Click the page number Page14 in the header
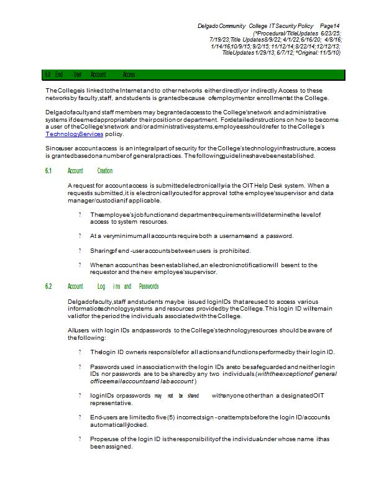tap(329, 25)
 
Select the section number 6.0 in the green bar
tap(47, 75)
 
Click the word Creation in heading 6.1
tap(105, 170)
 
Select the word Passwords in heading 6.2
tap(149, 286)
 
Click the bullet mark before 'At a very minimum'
tap(80, 236)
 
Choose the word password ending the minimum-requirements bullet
tap(278, 236)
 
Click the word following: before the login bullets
tap(87, 339)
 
